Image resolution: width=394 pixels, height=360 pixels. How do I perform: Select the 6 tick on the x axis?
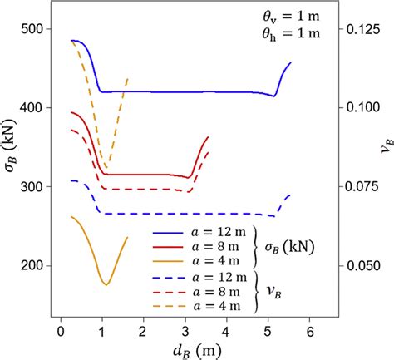[310, 331]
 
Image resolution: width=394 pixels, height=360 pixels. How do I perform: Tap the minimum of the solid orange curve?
[106, 285]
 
